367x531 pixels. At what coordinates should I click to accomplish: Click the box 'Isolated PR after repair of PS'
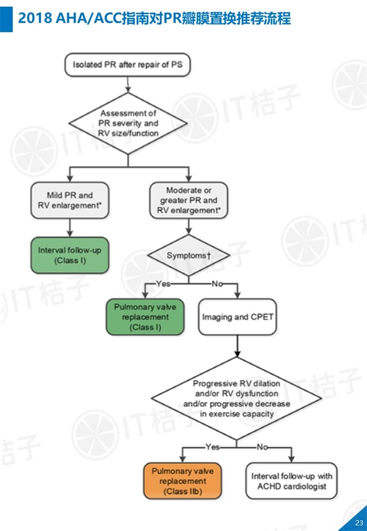[126, 65]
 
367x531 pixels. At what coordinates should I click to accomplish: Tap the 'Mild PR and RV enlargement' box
[70, 200]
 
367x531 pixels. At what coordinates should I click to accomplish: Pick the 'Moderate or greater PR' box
[189, 200]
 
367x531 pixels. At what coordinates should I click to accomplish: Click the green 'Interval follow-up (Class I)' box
[70, 255]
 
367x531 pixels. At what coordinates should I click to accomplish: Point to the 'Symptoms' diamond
[188, 255]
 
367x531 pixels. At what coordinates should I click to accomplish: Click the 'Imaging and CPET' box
[238, 317]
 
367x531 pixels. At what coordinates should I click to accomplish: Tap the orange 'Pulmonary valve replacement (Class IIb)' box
[182, 481]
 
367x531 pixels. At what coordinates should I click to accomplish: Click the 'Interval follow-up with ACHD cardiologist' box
[292, 481]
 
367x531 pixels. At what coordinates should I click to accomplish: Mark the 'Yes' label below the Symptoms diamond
[163, 284]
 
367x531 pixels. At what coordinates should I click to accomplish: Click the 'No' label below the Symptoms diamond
[217, 284]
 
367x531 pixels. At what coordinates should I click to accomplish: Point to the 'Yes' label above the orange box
[212, 447]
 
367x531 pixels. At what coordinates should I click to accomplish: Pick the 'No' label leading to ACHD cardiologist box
[262, 447]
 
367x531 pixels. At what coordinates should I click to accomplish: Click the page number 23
[359, 522]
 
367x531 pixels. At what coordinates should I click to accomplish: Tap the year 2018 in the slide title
[34, 19]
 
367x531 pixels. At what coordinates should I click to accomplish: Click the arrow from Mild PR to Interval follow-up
[70, 227]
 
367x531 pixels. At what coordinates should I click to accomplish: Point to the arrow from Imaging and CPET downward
[238, 346]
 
